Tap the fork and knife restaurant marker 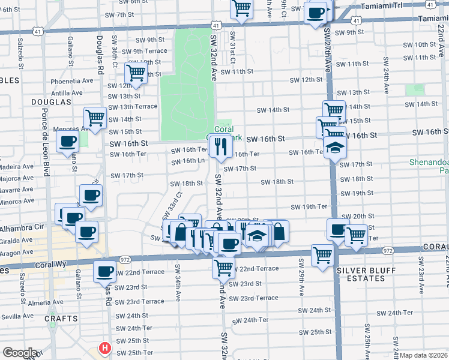pos(220,145)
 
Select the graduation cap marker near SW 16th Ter pos(334,148)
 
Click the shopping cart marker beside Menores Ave pos(95,118)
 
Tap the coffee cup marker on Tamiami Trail pos(315,13)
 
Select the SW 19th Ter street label pos(309,207)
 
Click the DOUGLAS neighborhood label pos(48,103)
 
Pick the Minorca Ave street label pos(17,202)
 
